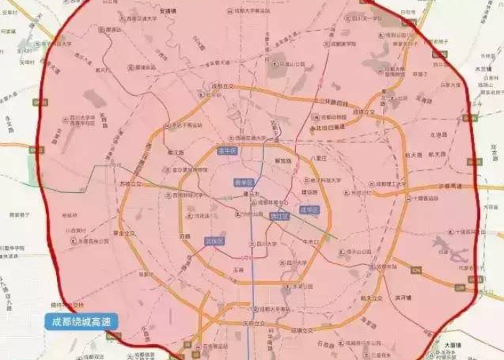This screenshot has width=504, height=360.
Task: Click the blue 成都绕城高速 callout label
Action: point(81,322)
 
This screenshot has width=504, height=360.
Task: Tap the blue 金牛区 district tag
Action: point(228,150)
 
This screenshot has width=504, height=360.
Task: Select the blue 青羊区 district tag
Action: point(244,184)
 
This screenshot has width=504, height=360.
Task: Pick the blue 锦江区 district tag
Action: point(279,215)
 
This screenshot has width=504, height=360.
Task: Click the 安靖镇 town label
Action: point(168,11)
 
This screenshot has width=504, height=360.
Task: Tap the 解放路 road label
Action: point(284,161)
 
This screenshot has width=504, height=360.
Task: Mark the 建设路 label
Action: point(310,192)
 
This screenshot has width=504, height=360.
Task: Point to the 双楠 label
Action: point(185,235)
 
